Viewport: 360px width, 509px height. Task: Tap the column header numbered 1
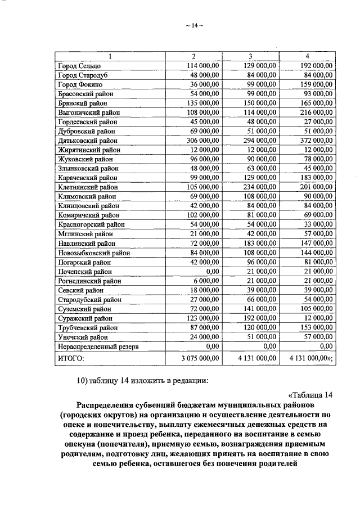(110, 56)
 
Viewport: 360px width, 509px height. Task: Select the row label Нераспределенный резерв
(98, 346)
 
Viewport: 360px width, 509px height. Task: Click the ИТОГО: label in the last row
(71, 358)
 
